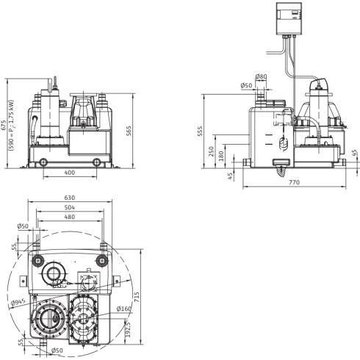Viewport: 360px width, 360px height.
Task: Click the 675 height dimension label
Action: pos(3,126)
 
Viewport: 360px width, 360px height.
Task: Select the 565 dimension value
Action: pos(129,131)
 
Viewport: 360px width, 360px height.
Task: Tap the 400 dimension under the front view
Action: pos(70,173)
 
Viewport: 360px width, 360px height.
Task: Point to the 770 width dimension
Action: pos(294,182)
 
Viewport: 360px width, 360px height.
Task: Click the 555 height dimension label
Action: pos(200,132)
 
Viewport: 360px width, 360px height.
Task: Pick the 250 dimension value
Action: pos(211,151)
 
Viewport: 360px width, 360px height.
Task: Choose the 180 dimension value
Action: pos(221,156)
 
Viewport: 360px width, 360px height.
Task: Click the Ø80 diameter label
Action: pos(261,76)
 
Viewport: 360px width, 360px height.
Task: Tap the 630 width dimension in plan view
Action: pos(70,198)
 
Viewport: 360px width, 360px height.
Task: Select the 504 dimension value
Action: pos(70,207)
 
